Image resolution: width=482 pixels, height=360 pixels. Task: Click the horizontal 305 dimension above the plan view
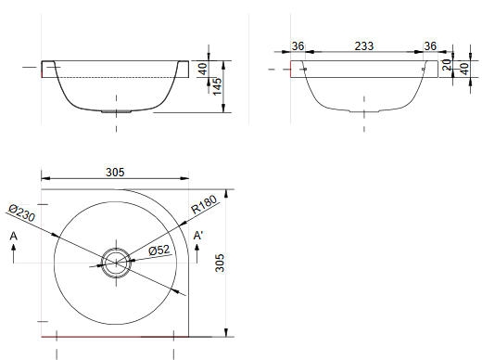tap(115, 172)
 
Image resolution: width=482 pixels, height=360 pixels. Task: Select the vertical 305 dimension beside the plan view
tap(220, 263)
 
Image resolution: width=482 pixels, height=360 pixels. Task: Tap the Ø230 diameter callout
tap(21, 212)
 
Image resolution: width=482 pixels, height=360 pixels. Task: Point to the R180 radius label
tap(204, 204)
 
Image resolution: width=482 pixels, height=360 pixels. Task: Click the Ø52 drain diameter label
tap(159, 251)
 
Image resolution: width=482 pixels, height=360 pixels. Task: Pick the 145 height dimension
tap(217, 86)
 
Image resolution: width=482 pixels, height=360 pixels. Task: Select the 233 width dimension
tap(364, 46)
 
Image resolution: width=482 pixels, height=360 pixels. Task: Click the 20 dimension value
tap(447, 65)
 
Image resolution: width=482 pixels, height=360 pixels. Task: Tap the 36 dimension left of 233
tap(298, 46)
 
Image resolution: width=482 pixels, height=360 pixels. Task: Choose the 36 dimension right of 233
tap(430, 46)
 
